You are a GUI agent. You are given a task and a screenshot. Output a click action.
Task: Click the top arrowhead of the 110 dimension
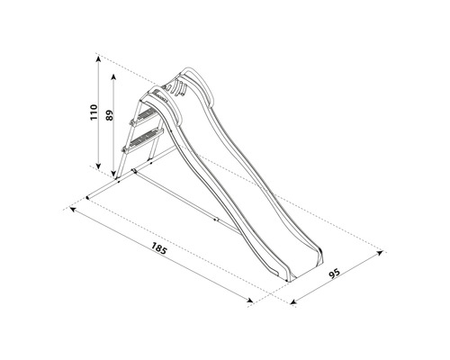pyautogui.click(x=96, y=57)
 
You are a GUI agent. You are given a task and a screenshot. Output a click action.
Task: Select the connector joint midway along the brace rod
pyautogui.click(x=216, y=219)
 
